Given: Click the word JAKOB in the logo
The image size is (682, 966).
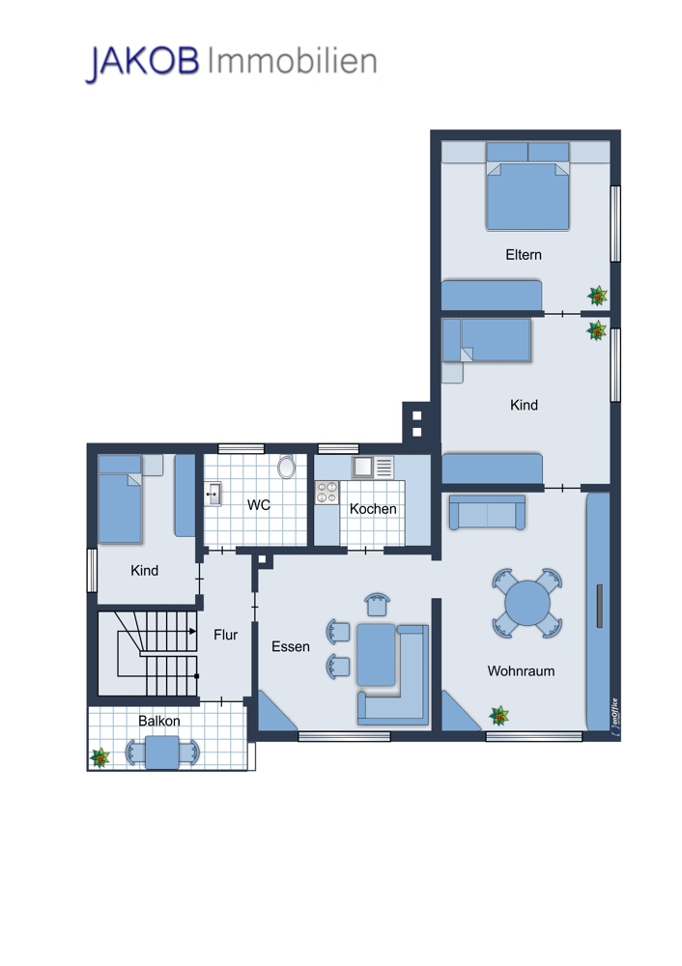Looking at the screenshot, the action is pos(142,62).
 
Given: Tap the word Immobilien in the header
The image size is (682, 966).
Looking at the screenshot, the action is pos(292,61).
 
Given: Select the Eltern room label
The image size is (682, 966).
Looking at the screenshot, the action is pos(524,254).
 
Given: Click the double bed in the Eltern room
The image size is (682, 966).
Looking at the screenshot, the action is pos(527,186).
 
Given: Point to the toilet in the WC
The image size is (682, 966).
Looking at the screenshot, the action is pos(286,467).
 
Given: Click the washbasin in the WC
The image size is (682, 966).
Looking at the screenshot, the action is pos(213,494).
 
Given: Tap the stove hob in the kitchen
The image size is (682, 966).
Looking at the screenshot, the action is pos(327,493).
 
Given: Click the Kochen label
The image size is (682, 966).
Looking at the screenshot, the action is pos(373,509).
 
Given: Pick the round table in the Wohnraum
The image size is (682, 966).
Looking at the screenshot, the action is pos(527,603).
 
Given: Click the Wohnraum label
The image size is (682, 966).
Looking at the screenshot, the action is pos(521,671).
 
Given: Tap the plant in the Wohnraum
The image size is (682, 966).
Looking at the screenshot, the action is pos(499,715).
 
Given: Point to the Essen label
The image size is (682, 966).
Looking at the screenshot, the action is pos(290,646).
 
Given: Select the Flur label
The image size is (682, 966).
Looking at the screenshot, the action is pos(225,635).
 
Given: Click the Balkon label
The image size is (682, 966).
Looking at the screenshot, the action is pos(159,721).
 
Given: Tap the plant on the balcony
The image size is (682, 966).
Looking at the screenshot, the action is pos(99,757).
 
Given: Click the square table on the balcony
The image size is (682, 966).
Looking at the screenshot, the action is pos(162,753).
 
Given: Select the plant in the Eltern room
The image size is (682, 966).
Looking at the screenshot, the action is pos(597,296).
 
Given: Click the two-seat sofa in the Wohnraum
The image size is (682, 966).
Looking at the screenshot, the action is pos(487,513).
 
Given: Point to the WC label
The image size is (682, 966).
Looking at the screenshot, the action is pos(259,505).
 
